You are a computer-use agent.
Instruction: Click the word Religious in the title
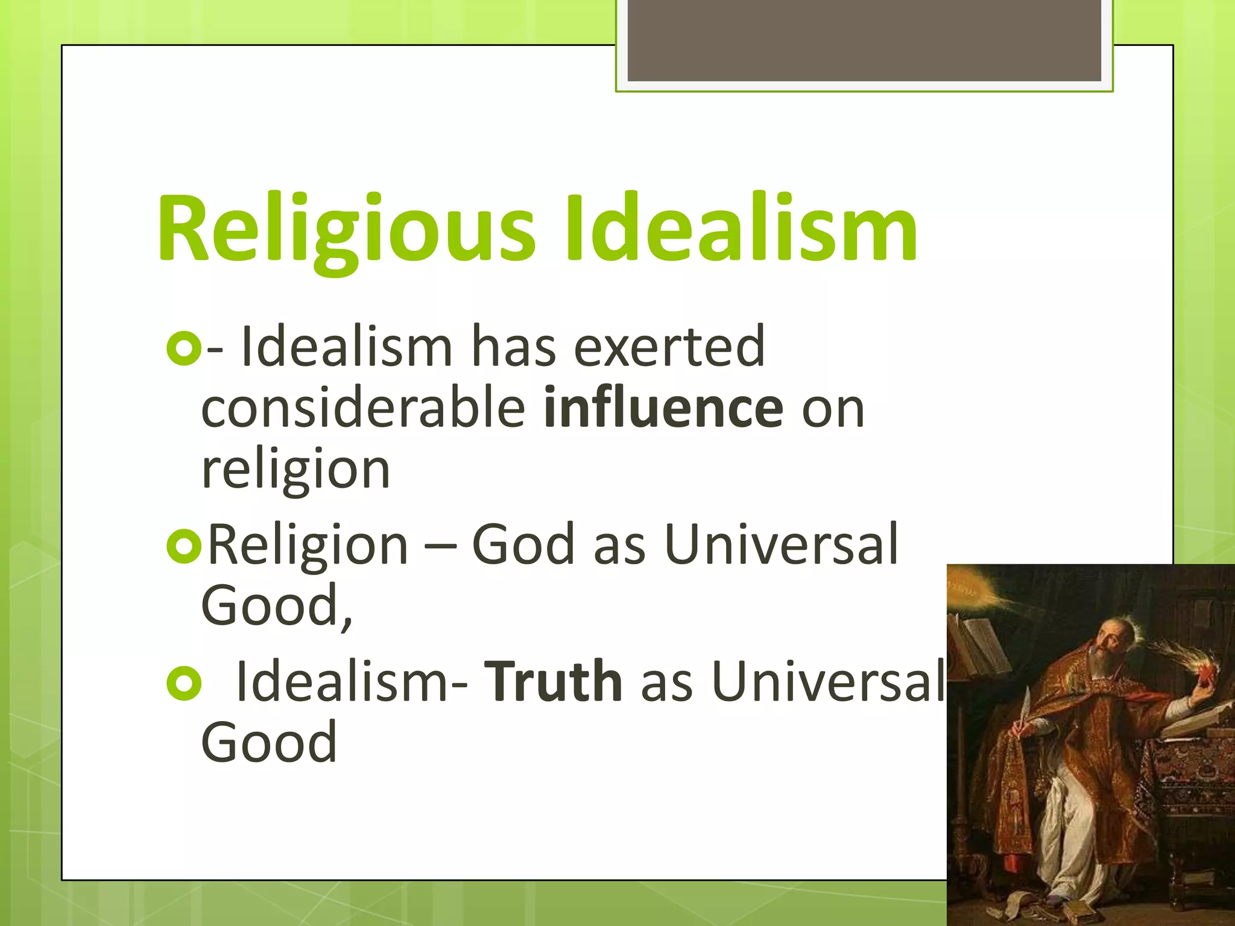(x=346, y=229)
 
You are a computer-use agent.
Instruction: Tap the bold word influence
(x=663, y=409)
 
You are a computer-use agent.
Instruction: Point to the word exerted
(x=669, y=347)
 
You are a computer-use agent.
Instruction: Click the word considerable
(x=363, y=409)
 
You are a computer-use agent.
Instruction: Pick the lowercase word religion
(x=295, y=470)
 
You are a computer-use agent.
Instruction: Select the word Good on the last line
(x=269, y=743)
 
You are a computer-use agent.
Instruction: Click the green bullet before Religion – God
(x=183, y=546)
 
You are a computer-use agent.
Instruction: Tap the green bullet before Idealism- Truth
(x=183, y=683)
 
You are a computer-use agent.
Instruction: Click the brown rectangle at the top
(x=864, y=40)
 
